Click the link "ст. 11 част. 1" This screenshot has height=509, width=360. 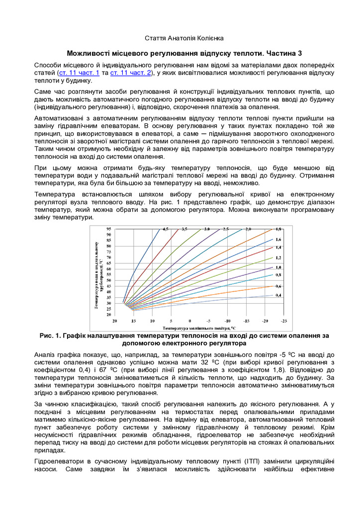coord(79,73)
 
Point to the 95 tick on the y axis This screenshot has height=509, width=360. coord(108,229)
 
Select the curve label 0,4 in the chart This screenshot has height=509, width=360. coord(278,295)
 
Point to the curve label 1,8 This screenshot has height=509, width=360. coord(278,229)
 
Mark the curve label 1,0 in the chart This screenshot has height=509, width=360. coord(278,267)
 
